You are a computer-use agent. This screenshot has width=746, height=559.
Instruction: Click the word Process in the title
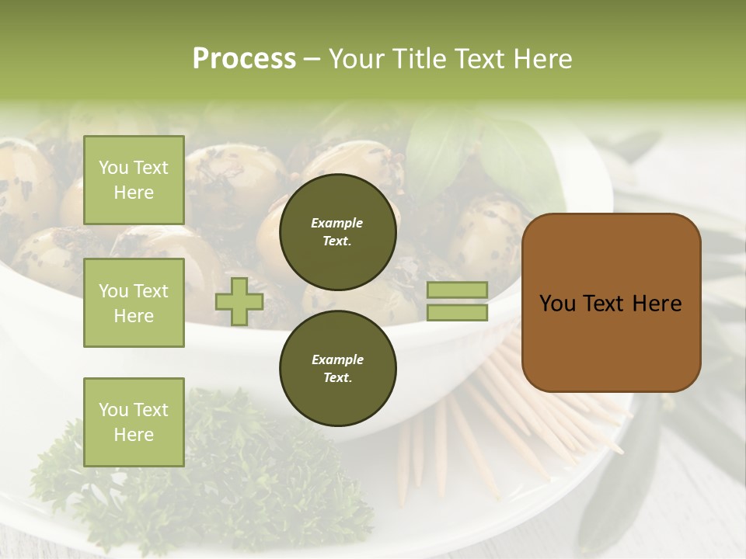click(244, 59)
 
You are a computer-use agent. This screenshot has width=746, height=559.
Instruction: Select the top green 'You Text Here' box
click(134, 180)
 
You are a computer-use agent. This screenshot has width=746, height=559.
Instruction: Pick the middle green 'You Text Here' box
click(134, 303)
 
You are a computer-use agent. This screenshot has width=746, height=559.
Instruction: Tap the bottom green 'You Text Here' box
click(134, 422)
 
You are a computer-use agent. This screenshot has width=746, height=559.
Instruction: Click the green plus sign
click(239, 301)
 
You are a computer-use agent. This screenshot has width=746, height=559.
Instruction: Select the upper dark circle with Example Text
click(337, 231)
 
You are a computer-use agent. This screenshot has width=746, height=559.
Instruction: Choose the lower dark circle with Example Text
click(337, 368)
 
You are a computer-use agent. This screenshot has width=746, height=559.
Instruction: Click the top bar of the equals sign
click(458, 290)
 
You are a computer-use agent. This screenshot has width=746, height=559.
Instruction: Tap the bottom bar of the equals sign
click(458, 312)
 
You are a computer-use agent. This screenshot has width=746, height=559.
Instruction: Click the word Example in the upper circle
click(337, 223)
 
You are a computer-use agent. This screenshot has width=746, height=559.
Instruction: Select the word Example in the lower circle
click(337, 359)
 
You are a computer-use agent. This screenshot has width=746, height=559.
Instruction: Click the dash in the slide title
click(312, 59)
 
